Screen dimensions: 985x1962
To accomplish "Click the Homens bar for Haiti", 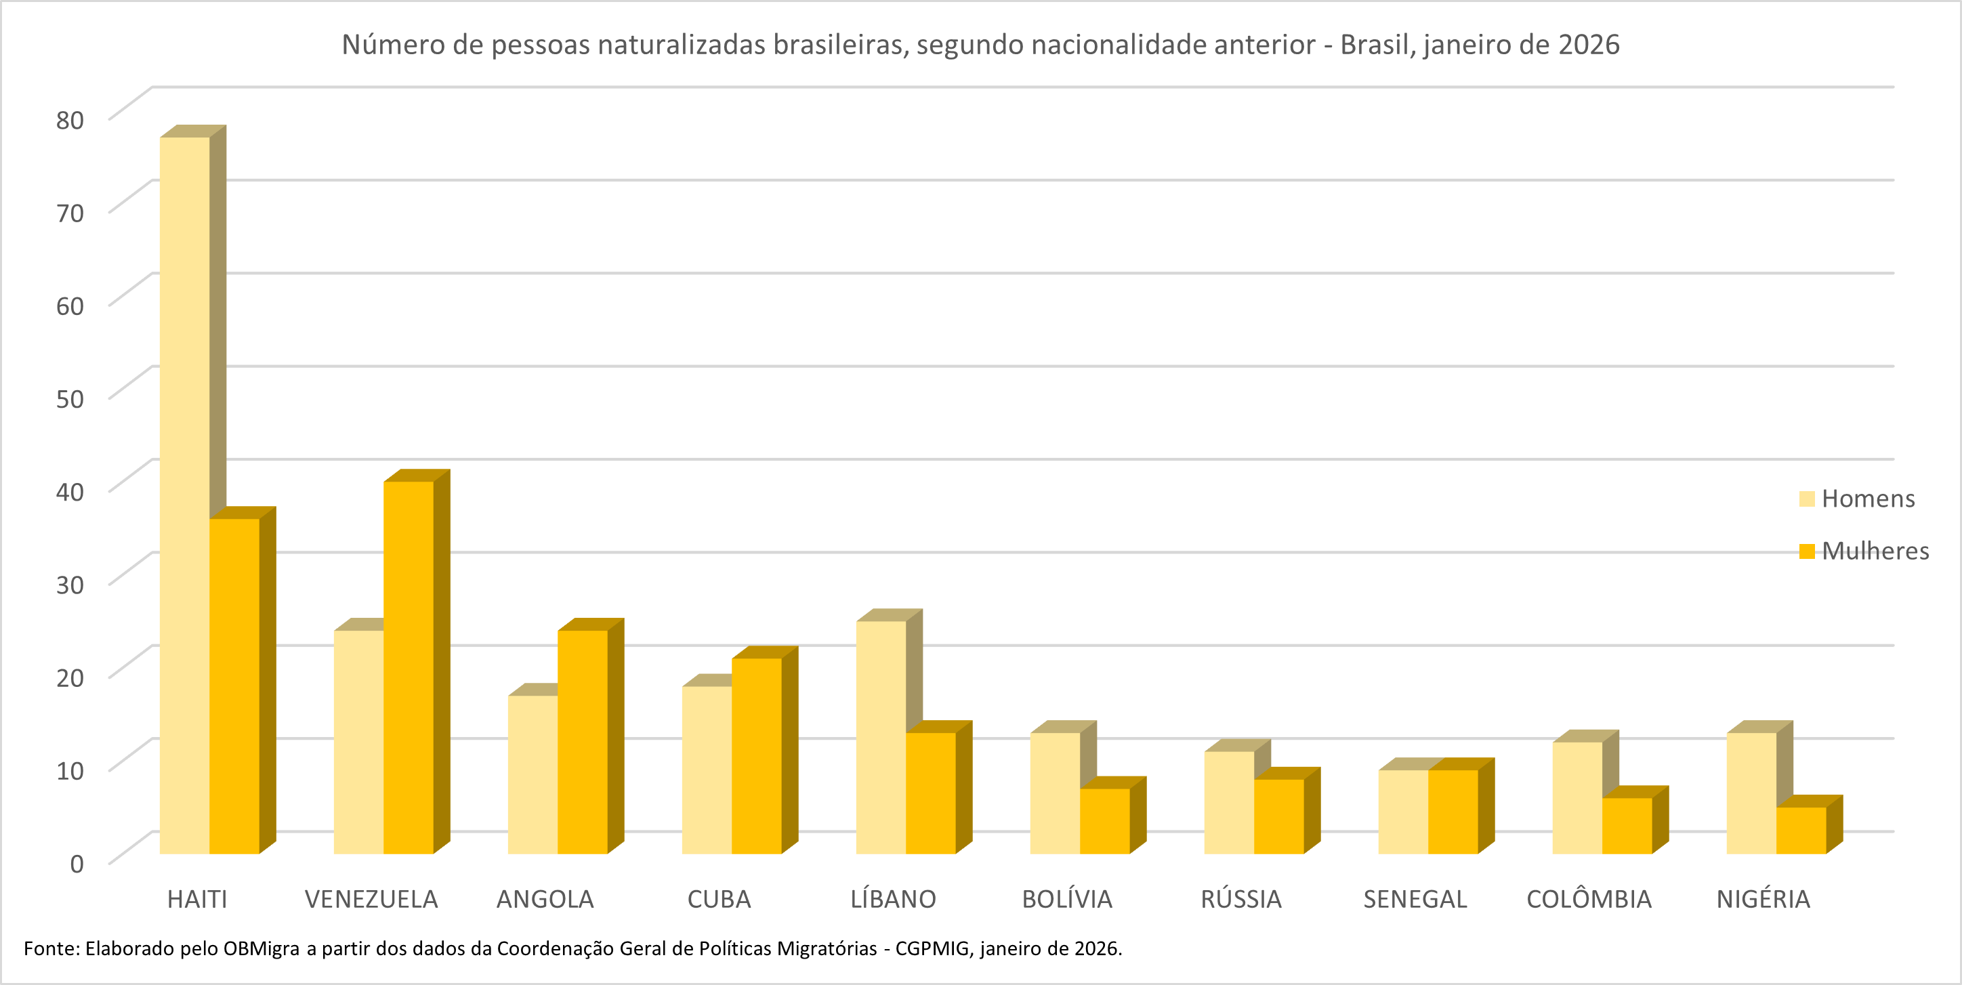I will pos(184,495).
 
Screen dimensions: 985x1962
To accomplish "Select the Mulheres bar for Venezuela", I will pos(409,667).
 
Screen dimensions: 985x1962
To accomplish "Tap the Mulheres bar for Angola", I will pos(583,742).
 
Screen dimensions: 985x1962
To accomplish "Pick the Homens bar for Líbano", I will pos(881,738).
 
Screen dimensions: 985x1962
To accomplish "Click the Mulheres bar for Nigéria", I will pos(1801,831).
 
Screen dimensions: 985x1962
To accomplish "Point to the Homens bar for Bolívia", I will pos(1055,793).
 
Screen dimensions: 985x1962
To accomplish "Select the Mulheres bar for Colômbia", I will pos(1627,826).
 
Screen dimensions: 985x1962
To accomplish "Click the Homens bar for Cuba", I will pos(707,770).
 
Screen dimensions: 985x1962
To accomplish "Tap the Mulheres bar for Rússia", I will pos(1279,816).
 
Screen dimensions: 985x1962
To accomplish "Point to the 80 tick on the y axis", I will pos(70,120).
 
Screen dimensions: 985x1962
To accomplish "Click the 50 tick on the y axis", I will pos(70,398).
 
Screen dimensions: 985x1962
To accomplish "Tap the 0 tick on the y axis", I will pos(76,864).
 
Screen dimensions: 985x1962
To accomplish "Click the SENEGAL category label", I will pos(1415,900).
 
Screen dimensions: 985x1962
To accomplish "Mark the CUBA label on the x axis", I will pos(719,900).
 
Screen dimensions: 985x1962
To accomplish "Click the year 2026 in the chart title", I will pos(1589,45).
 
